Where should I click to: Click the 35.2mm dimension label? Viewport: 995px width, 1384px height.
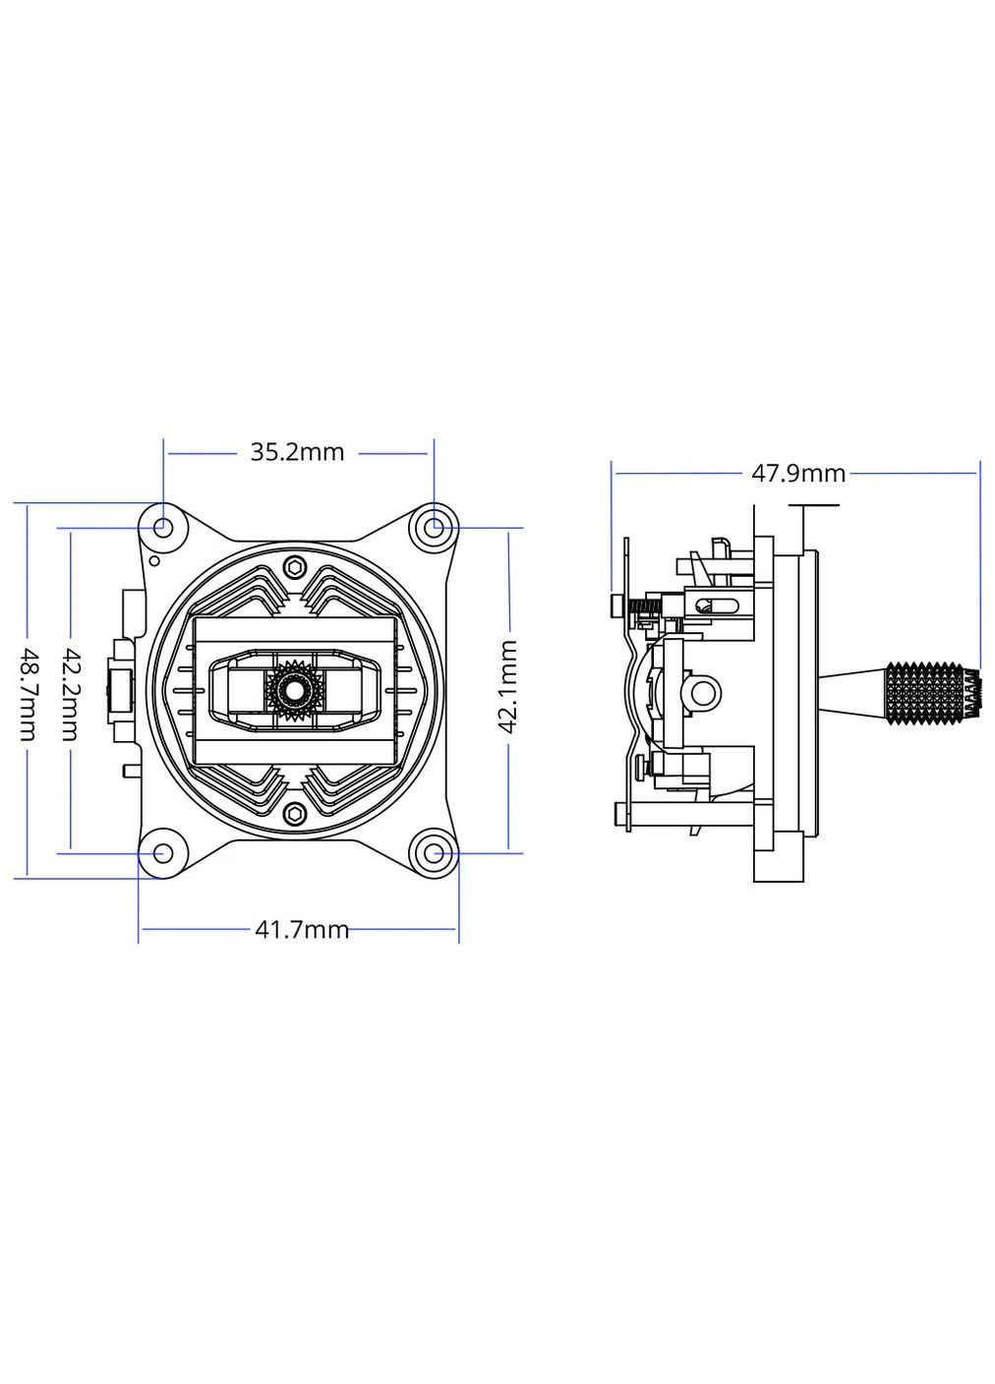click(297, 452)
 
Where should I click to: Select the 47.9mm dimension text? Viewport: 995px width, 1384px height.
click(797, 473)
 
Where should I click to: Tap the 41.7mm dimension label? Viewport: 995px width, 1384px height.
click(302, 929)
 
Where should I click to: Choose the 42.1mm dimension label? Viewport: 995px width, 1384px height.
click(508, 685)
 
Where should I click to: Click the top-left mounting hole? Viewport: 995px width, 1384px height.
click(162, 528)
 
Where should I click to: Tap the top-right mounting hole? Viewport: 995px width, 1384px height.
click(434, 528)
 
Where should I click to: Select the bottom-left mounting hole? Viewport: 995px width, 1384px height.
click(162, 853)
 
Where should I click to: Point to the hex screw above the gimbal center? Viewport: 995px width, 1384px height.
click(295, 567)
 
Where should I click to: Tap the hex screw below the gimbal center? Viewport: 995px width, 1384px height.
click(295, 813)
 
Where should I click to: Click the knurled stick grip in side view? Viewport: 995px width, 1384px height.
click(924, 692)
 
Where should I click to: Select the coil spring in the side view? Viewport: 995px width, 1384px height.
click(644, 607)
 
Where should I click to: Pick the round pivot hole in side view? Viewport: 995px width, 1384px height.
click(700, 692)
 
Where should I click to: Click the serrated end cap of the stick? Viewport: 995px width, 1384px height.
click(973, 692)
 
